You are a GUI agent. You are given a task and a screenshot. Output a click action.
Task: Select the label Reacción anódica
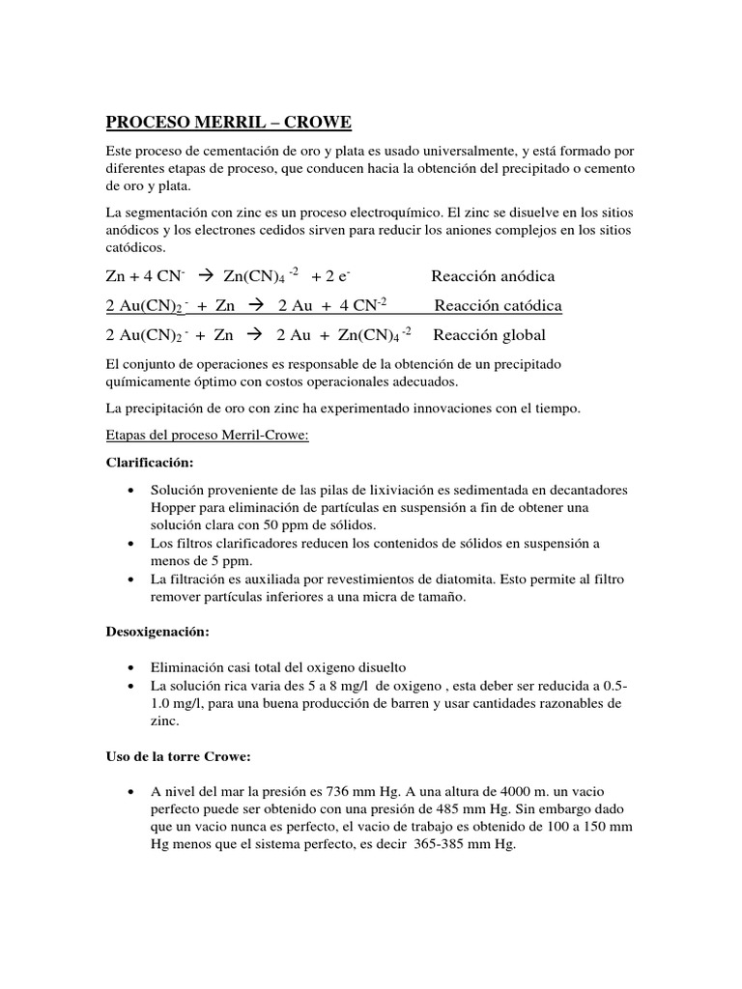pyautogui.click(x=493, y=276)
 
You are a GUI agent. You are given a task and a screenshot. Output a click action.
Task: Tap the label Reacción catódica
pyautogui.click(x=498, y=306)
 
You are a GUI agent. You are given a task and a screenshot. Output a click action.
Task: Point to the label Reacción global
pyautogui.click(x=489, y=335)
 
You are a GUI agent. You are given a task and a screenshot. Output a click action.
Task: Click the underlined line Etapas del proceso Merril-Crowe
pyautogui.click(x=207, y=436)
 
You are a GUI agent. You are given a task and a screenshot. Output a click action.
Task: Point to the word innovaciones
pyautogui.click(x=452, y=409)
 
